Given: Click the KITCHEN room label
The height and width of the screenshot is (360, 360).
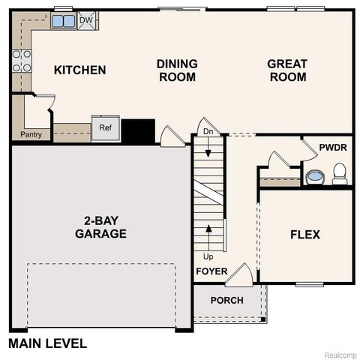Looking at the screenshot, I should [x=79, y=70].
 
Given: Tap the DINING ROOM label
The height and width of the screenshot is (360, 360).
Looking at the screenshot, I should [x=177, y=70].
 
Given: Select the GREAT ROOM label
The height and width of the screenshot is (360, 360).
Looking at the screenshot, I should [x=287, y=70].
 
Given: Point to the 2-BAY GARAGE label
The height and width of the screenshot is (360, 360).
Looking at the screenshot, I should [x=100, y=227].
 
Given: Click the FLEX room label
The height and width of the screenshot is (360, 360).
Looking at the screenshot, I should [x=305, y=235].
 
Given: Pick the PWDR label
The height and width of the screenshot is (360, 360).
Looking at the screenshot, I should [x=332, y=148].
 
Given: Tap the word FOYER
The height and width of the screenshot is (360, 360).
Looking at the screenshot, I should [x=211, y=271].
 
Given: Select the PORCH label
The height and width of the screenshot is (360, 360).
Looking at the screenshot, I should [x=226, y=300].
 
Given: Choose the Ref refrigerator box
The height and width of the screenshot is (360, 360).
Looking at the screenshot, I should [x=104, y=127].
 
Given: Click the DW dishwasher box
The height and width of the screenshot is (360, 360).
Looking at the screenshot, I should [x=85, y=21].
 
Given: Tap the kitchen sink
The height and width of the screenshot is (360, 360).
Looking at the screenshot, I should [x=62, y=21].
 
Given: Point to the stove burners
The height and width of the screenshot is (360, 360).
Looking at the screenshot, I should [x=22, y=60].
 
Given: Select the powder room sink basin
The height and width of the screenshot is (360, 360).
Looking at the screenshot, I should [x=315, y=178].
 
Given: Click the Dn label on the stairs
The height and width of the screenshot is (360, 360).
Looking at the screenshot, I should [x=208, y=133].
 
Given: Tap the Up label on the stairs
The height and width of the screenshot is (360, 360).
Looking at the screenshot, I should [x=208, y=256].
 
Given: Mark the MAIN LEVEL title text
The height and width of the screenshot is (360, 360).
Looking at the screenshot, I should [x=48, y=344].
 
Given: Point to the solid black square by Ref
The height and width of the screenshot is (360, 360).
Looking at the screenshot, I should [x=138, y=131].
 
